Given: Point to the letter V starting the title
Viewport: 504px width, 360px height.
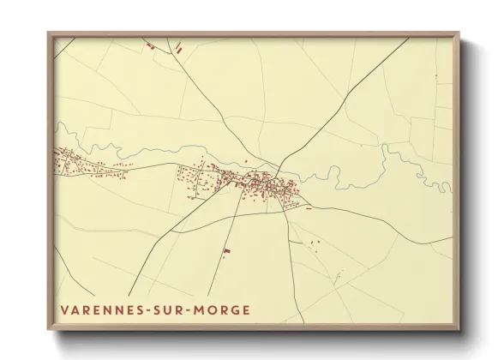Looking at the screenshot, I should pos(63,309).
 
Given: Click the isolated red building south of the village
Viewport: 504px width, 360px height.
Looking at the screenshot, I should pos(226,251).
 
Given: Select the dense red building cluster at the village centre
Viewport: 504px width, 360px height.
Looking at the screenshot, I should pos(261,183).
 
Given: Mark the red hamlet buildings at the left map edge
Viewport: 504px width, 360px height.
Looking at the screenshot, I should pos(69,161).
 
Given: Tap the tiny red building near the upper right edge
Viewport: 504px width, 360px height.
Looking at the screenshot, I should pos(436,78).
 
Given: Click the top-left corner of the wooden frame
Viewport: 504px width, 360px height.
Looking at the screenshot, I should pos(48,34).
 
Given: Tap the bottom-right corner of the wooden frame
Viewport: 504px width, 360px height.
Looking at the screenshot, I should pos(459,329).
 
